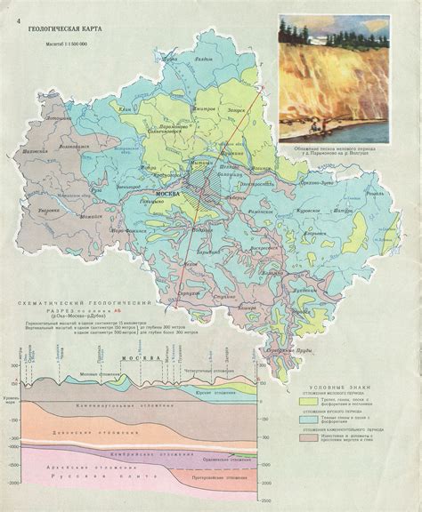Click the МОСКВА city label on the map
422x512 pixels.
(170, 193)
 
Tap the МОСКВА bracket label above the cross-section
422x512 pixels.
(139, 358)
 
